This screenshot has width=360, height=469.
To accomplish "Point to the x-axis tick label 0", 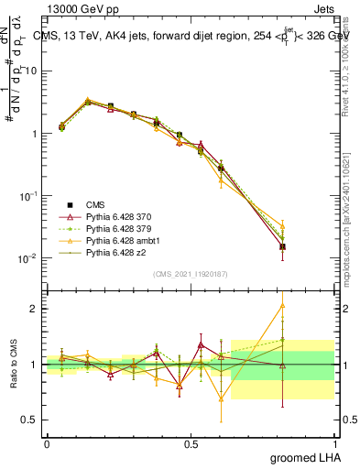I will click(47, 443).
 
